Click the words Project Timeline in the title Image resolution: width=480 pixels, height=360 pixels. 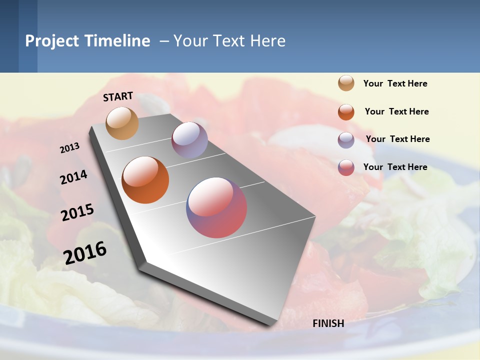pyautogui.click(x=87, y=41)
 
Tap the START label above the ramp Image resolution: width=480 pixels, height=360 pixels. pyautogui.click(x=118, y=96)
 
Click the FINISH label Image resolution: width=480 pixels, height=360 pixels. pyautogui.click(x=328, y=323)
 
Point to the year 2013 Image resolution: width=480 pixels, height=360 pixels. pyautogui.click(x=69, y=147)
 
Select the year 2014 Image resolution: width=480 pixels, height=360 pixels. pyautogui.click(x=73, y=177)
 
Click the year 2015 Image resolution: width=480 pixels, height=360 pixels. pyautogui.click(x=77, y=212)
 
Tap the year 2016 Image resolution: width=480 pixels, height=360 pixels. pyautogui.click(x=85, y=252)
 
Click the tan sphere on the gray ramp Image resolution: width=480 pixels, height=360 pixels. pyautogui.click(x=122, y=123)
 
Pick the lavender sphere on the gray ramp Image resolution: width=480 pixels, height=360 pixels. pyautogui.click(x=189, y=140)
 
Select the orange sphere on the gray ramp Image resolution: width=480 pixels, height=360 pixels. pyautogui.click(x=145, y=180)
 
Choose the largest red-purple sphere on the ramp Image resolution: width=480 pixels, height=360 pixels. pyautogui.click(x=216, y=207)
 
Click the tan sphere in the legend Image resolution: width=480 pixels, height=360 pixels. pyautogui.click(x=346, y=83)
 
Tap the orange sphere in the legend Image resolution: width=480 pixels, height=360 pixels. pyautogui.click(x=346, y=112)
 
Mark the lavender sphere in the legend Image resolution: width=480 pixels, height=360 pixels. pyautogui.click(x=346, y=140)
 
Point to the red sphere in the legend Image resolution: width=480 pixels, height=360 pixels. pyautogui.click(x=346, y=167)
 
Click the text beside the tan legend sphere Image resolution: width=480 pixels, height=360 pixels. pyautogui.click(x=395, y=83)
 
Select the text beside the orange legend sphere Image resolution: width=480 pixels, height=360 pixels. pyautogui.click(x=396, y=111)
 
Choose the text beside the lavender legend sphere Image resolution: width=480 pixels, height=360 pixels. pyautogui.click(x=397, y=139)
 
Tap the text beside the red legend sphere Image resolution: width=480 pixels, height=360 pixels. pyautogui.click(x=395, y=167)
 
